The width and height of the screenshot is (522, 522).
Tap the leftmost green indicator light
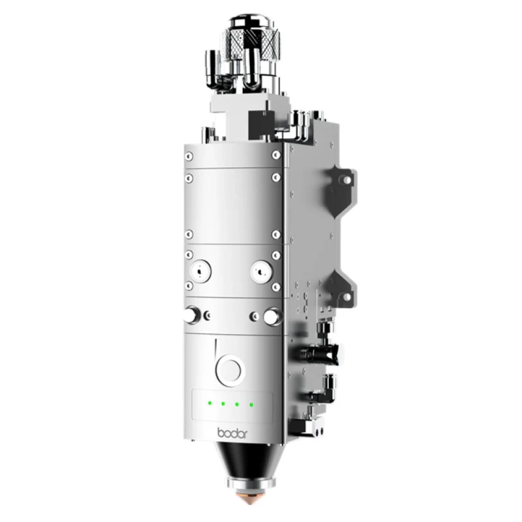pyautogui.click(x=208, y=403)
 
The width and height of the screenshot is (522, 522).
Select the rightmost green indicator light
pyautogui.click(x=251, y=404)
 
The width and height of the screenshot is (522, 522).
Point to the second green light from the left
pyautogui.click(x=222, y=404)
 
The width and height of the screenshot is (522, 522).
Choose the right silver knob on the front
pyautogui.click(x=271, y=316)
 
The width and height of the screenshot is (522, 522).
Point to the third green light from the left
pyautogui.click(x=237, y=404)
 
